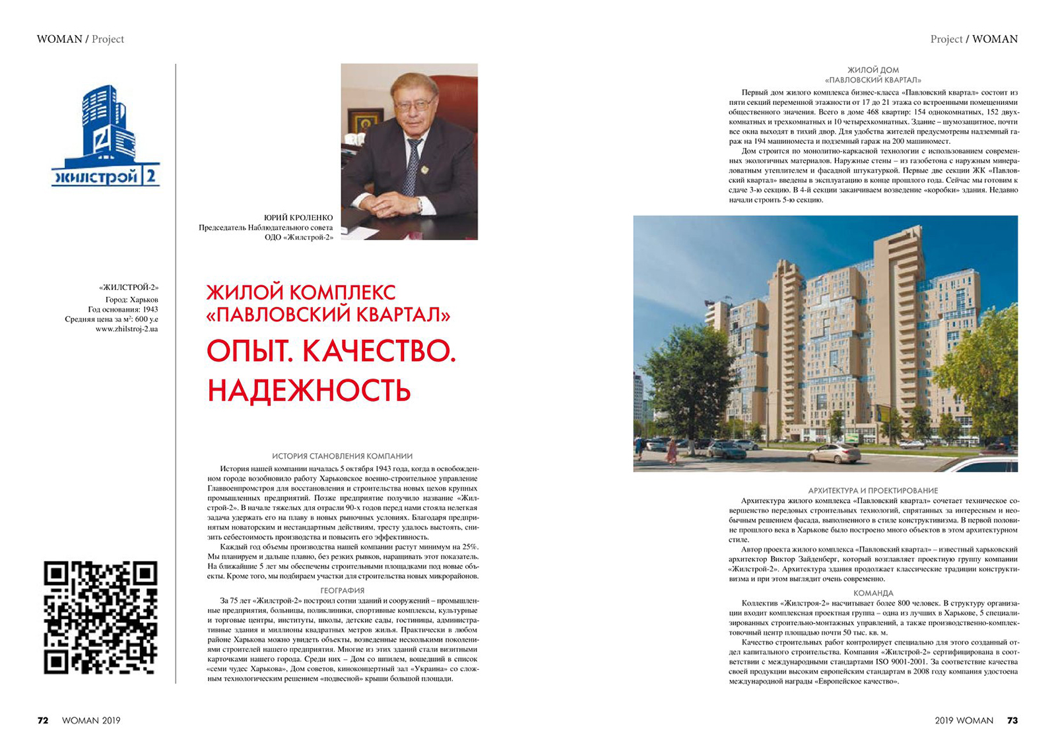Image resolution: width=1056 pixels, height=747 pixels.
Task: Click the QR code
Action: pos(100,617)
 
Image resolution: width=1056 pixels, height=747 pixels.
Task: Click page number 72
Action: pos(43,720)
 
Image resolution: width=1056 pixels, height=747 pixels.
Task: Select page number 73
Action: pos(1012,720)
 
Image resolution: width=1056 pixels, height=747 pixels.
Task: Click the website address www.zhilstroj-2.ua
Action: pos(127,329)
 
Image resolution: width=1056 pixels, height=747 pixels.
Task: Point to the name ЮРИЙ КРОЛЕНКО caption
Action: pos(298,218)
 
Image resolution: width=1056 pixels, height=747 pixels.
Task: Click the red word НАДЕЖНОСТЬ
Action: pos(309,390)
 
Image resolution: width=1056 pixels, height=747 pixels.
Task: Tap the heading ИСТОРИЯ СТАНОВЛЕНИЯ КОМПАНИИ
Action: pos(342,456)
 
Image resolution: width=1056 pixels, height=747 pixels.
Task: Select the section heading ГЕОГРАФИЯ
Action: pos(342,591)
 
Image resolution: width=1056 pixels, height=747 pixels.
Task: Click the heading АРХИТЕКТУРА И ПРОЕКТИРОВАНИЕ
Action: pos(873,490)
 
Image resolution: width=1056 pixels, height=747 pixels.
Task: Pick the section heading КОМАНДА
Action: pos(873,593)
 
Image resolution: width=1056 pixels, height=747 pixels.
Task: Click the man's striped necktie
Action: pos(412,165)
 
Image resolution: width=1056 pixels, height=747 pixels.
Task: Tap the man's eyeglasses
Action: pos(414,105)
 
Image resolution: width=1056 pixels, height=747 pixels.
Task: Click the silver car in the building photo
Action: pos(833,453)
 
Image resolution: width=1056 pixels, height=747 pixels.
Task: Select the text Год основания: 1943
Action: pos(123,309)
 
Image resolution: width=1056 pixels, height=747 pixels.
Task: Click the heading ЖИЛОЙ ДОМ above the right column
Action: pos(873,70)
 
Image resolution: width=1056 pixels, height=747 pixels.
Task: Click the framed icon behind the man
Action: pos(364,123)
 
